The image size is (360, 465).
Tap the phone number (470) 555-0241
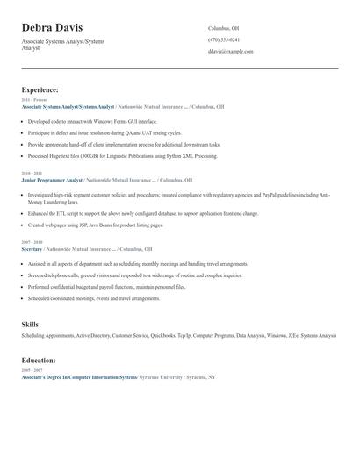[x=223, y=39]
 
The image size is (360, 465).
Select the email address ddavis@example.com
[x=230, y=52]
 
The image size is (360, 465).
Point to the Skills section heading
[x=30, y=325]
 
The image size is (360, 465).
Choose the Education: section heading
[x=39, y=360]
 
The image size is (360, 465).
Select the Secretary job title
[x=32, y=249]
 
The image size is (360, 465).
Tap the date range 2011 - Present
[x=32, y=100]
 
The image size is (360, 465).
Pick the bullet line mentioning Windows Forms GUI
[x=92, y=121]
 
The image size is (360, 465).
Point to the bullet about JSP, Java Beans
[x=95, y=225]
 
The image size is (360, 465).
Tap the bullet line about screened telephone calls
[x=134, y=275]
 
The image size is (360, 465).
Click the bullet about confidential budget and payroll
[x=106, y=287]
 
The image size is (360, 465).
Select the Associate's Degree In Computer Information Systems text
[x=79, y=377]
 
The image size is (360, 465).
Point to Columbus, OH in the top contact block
[x=223, y=28]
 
